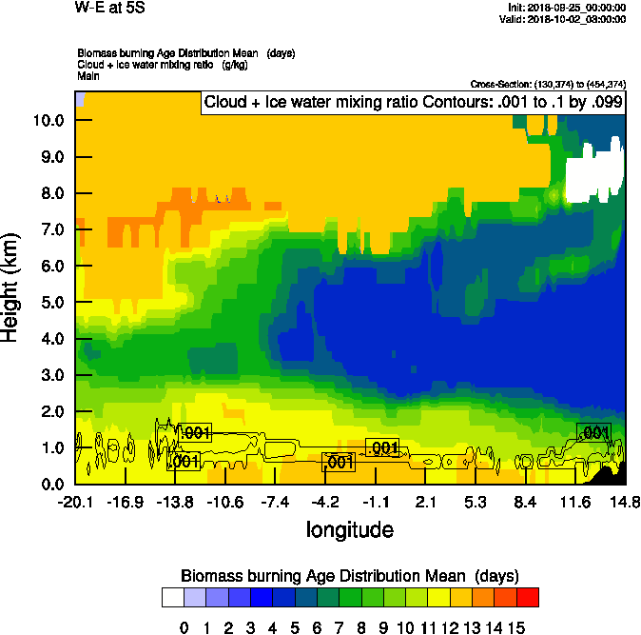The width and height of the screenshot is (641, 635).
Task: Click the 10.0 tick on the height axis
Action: coord(48,120)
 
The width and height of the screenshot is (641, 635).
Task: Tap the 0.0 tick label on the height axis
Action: coord(50,484)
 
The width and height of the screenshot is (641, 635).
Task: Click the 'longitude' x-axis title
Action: coord(349,528)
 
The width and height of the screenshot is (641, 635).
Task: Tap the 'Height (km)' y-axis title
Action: coord(12,288)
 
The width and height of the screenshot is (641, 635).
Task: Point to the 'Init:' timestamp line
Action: coord(567,8)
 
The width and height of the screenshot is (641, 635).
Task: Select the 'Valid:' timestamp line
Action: coord(568,19)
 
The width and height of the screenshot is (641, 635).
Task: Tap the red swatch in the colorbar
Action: coord(528,598)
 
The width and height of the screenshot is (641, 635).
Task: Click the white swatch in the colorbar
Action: coord(173,598)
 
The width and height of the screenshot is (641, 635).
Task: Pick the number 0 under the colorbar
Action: coord(185,627)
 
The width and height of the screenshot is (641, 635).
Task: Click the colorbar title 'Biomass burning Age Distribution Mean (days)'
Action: coord(349,576)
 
